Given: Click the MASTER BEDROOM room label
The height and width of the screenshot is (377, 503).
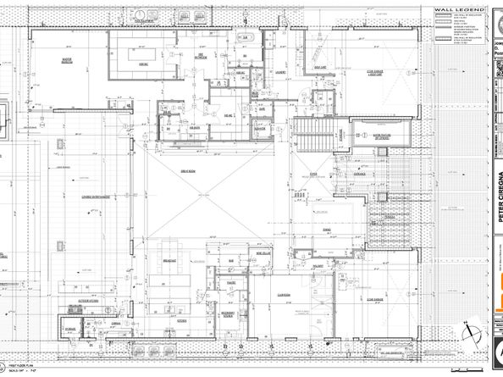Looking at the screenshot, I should pyautogui.click(x=59, y=59).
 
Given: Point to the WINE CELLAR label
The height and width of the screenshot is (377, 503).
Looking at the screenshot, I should pyautogui.click(x=265, y=251).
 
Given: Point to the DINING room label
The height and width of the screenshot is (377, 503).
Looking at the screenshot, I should pyautogui.click(x=325, y=229).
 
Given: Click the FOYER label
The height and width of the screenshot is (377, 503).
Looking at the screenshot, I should pyautogui.click(x=312, y=172).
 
